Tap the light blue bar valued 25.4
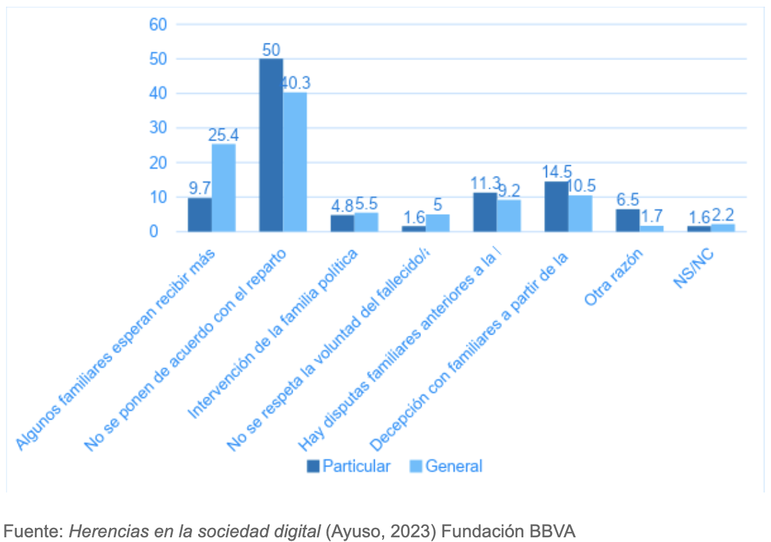(224, 187)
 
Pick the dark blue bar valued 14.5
(556, 206)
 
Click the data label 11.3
(485, 183)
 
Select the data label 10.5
(582, 185)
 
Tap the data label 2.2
(723, 214)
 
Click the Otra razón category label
(614, 278)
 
